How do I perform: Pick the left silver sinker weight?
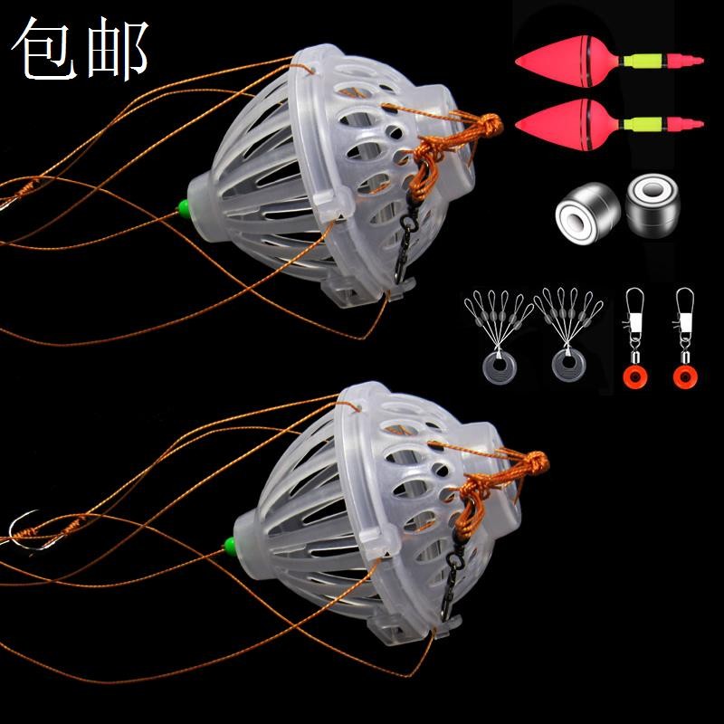pos(582,214)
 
